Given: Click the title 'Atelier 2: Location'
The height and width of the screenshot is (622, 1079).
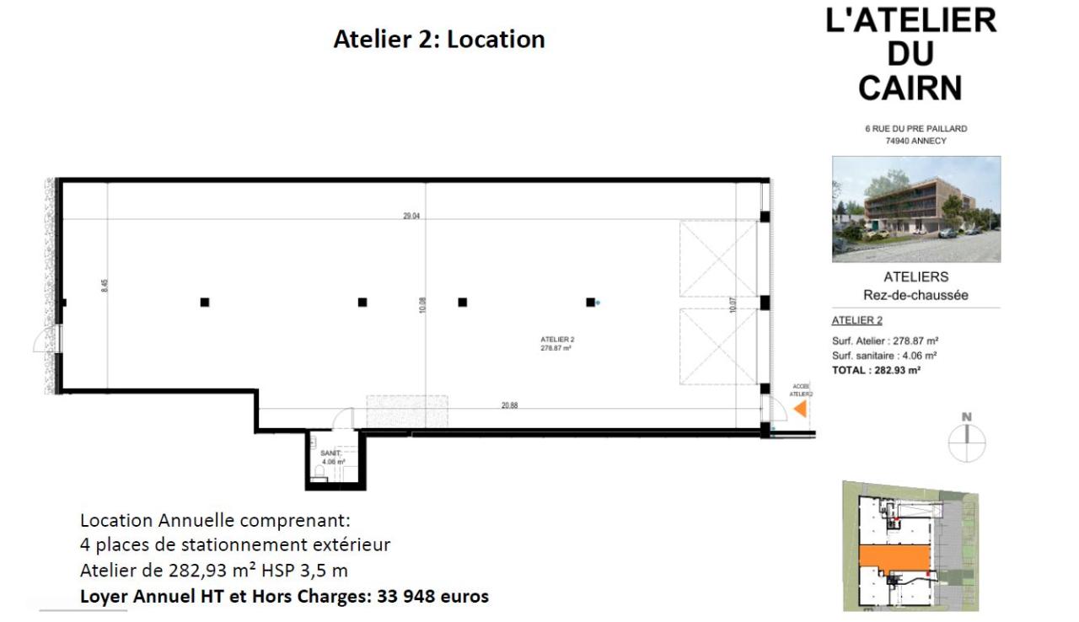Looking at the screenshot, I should (439, 40).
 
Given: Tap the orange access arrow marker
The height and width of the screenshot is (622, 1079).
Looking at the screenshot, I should (800, 409).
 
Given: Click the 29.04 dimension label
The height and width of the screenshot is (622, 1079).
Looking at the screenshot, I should (411, 216).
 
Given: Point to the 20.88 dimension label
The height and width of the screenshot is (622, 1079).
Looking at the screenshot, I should (509, 405).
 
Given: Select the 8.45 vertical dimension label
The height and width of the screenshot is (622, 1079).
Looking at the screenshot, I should (105, 285).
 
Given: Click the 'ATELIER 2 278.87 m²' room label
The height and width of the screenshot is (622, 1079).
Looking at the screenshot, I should (556, 343).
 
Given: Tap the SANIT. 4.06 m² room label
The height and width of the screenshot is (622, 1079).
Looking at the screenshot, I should (331, 458).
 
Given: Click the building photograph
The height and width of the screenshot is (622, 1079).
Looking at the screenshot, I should (916, 209).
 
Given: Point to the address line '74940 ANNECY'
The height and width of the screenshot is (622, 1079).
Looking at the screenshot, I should (915, 141).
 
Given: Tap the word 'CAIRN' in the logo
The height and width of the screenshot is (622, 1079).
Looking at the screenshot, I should (911, 87).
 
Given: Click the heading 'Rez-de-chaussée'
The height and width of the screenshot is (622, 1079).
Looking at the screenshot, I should (915, 295).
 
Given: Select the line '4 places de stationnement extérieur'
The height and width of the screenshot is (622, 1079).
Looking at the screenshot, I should (235, 544).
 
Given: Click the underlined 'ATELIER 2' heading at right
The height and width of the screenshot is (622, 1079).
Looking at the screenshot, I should (856, 320).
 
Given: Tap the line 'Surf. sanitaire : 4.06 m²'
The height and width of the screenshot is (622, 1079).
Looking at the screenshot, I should (884, 356).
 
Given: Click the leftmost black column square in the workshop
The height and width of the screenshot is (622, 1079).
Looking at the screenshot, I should (205, 302).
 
